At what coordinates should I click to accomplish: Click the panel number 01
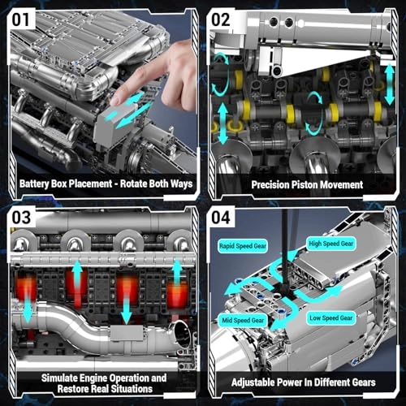tap(24, 18)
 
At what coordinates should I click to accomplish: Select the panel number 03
tap(24, 218)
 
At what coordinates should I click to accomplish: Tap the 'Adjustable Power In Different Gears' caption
tap(304, 382)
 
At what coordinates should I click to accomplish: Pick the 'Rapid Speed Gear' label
tap(242, 244)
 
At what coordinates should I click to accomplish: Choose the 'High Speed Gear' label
tap(330, 243)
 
